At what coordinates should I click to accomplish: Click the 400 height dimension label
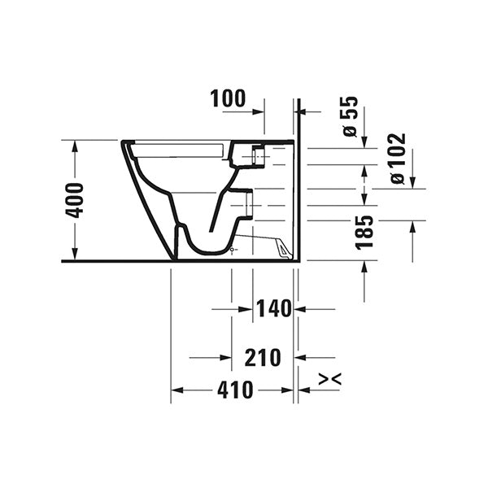75,200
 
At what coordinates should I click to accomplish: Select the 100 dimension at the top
227,99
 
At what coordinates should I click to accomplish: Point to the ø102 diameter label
398,159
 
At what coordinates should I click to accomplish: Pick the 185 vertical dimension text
364,233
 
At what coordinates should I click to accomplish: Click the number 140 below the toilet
273,309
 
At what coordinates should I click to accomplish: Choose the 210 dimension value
262,357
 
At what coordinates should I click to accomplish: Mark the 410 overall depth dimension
236,390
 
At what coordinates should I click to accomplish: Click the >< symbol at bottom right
329,379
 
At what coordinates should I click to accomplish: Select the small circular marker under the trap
233,249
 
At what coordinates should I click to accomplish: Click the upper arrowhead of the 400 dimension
75,146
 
